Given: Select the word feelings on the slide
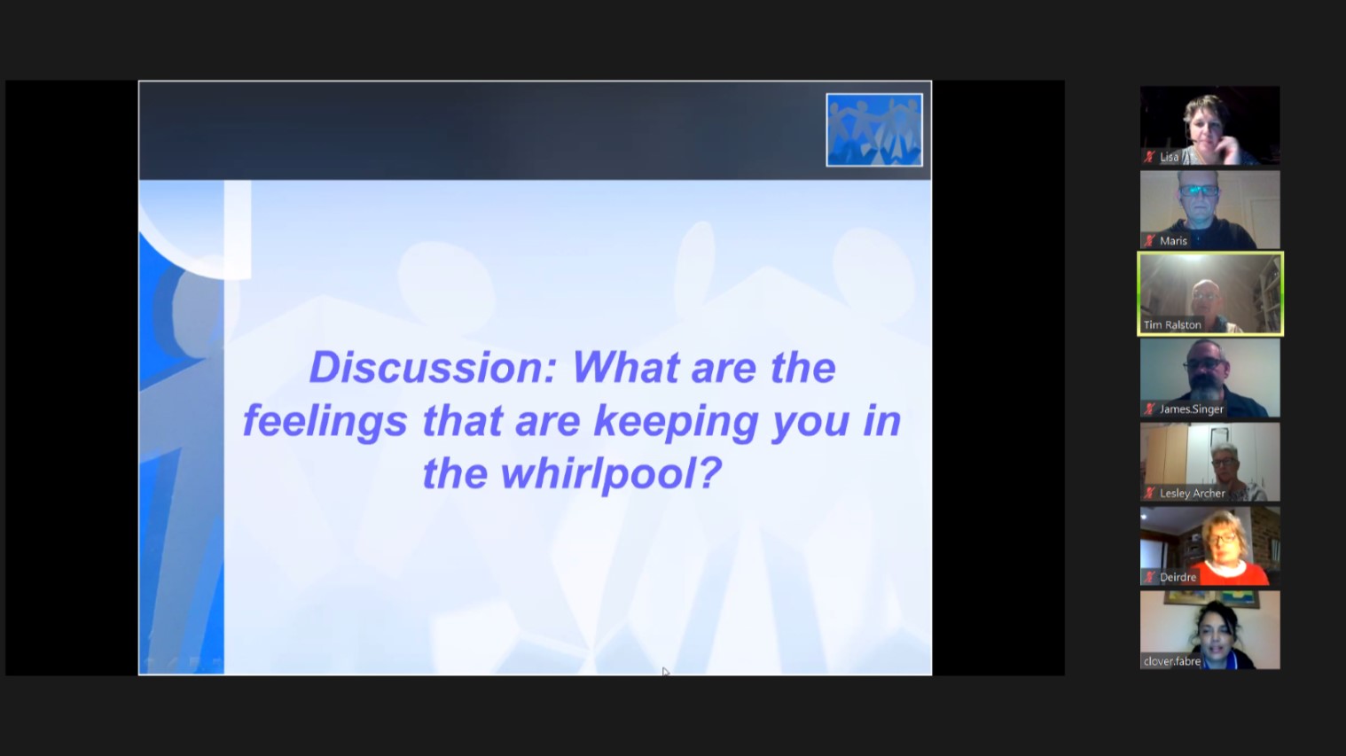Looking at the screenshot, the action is coord(325,422).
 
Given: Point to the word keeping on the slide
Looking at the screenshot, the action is coord(676,422).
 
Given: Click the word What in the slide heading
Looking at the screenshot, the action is coord(625,367).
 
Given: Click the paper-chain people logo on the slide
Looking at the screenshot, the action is coord(874,129).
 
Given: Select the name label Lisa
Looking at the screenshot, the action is coord(1170,158).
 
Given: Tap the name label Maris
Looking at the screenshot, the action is coord(1174,241).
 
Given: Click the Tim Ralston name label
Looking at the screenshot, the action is coord(1172,325).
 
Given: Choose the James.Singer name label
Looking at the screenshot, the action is coord(1192,409).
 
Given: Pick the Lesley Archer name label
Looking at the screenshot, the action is coord(1193,494).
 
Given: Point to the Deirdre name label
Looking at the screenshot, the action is coord(1178,578).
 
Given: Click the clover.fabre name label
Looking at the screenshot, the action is coord(1171,662).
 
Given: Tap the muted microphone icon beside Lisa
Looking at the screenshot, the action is coord(1149,158).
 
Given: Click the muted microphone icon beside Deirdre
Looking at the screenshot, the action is coord(1149,578).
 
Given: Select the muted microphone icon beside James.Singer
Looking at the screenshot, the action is coord(1149,409).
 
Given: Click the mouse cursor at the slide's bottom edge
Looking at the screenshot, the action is coord(665,671).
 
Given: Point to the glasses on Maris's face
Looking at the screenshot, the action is coord(1200,191).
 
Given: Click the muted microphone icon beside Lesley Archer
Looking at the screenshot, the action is coord(1149,494).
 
